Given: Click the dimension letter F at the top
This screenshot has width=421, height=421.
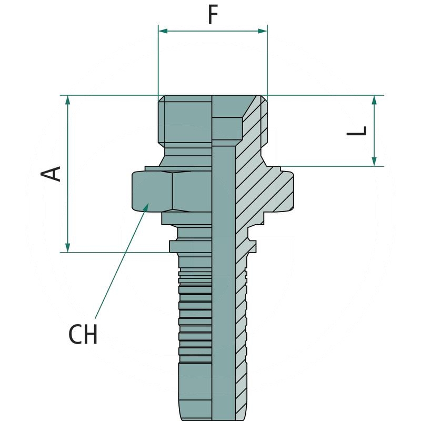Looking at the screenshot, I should click(x=213, y=15).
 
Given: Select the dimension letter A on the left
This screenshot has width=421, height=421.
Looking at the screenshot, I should click(x=52, y=173).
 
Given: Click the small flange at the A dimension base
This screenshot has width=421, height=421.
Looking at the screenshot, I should click(x=179, y=246).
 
